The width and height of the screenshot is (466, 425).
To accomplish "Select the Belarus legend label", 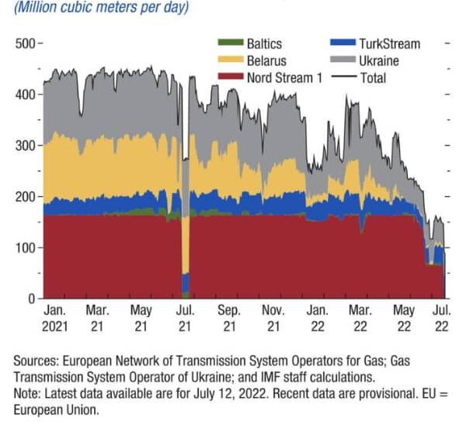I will pos(266,61).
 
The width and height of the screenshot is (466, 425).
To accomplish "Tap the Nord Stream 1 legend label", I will pos(285,78).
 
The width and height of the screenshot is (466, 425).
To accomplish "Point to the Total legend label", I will pos(372,78).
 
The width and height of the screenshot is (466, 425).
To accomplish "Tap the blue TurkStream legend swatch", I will pos(345,44).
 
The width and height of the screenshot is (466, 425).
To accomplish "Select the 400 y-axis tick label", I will pos(26,95).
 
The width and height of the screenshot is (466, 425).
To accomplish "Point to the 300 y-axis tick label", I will pos(26,146).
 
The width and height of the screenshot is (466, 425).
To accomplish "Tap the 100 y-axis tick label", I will pos(26,247).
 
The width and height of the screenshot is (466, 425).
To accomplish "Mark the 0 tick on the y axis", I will pos(32,299).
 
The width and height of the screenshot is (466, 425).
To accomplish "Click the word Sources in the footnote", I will pos(36,361).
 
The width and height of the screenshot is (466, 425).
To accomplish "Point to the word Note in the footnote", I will pos(28,392).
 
